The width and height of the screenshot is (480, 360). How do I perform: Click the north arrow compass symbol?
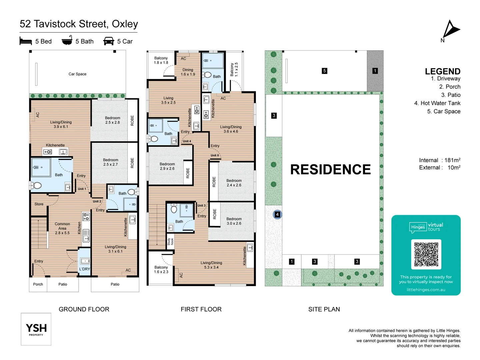450,30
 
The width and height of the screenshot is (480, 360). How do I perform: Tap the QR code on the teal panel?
426,254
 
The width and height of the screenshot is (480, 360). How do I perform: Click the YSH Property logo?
36,329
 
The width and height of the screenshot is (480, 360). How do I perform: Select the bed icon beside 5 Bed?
26,41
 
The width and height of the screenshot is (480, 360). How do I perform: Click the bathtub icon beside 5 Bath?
67,40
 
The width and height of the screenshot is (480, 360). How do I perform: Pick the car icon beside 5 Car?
109,41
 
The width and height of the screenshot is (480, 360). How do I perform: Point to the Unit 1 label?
82,189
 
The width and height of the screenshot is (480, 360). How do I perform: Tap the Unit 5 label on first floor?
215,155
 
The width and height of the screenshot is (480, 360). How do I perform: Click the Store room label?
39,204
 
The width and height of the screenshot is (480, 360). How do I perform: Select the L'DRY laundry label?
84,269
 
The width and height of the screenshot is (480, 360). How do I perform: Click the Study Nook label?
170,241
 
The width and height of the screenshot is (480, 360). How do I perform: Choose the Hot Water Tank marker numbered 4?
277,214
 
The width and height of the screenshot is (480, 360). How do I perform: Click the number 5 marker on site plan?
324,71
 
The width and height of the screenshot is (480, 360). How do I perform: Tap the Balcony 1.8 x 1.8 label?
161,60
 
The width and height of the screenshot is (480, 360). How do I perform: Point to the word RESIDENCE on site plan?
330,169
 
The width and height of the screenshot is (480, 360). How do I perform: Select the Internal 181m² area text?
440,160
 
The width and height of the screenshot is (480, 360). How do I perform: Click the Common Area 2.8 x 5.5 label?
62,228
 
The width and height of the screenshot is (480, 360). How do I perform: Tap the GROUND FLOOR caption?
84,309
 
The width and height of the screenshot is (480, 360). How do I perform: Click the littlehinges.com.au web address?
426,290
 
